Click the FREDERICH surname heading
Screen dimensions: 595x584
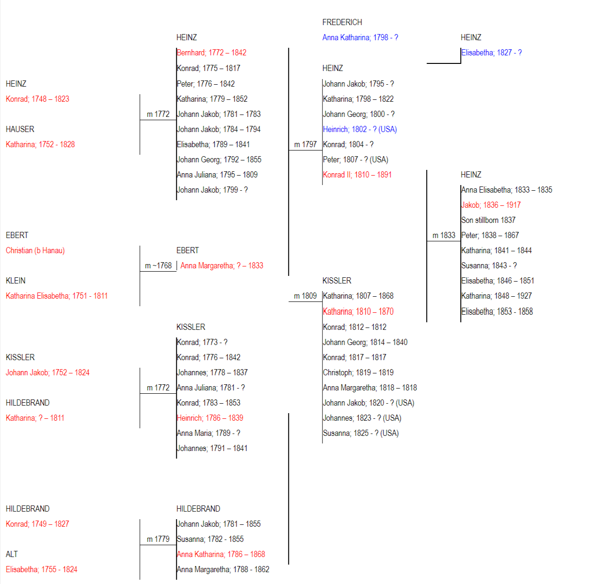click(x=342, y=22)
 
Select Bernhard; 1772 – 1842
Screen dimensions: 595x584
click(x=211, y=53)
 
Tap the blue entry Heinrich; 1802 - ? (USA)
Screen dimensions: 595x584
click(x=360, y=129)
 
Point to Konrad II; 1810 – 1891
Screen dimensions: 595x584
click(x=357, y=175)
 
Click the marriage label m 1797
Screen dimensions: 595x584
click(x=306, y=144)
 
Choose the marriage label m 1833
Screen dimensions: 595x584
click(x=444, y=235)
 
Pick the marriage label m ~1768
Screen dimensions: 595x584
click(x=158, y=265)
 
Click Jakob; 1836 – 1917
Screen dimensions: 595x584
click(x=491, y=205)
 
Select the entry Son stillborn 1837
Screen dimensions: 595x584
click(x=488, y=220)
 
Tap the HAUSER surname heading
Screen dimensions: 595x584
click(x=20, y=129)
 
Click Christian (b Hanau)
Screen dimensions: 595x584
click(x=35, y=250)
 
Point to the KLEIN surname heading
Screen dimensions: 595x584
click(x=16, y=281)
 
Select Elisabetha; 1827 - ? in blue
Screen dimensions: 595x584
click(x=491, y=53)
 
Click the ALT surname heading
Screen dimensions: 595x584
click(x=12, y=554)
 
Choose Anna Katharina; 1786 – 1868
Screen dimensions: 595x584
click(x=221, y=554)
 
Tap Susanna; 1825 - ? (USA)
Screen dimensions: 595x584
click(x=361, y=433)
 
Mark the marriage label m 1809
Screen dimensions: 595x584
click(x=306, y=296)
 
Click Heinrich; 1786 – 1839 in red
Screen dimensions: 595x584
click(x=210, y=418)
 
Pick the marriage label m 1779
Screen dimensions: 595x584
click(x=158, y=539)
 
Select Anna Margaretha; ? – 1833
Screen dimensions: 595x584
click(x=222, y=265)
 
